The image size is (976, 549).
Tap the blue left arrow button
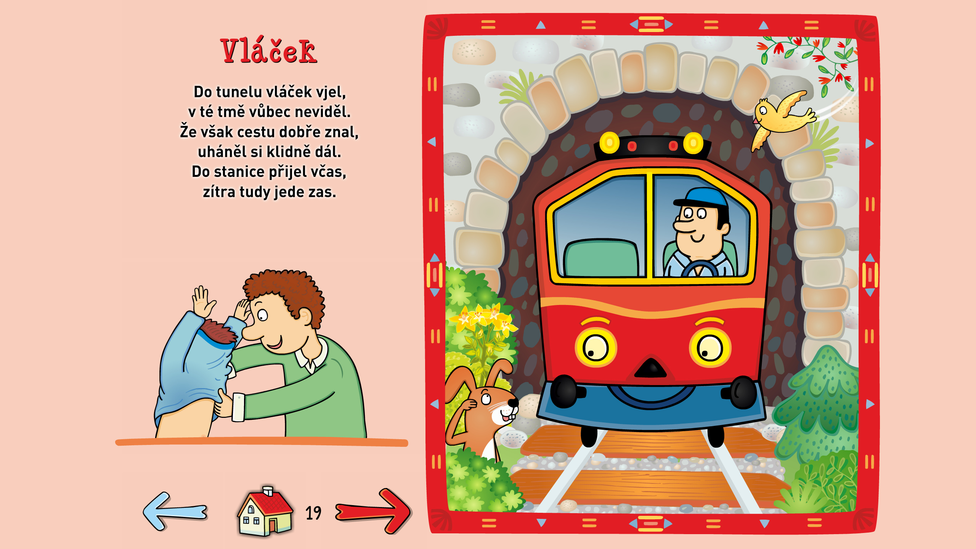coord(175,511)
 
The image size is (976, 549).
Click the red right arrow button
coord(373,511)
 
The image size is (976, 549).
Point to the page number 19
coord(313,513)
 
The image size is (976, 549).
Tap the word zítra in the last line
coord(219,191)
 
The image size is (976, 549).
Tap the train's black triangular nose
coord(650,368)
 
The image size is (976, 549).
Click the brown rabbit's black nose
coord(513,402)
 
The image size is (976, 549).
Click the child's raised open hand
coord(202,301)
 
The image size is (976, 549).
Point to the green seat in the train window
coord(601,258)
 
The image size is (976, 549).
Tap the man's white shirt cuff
coord(238,407)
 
